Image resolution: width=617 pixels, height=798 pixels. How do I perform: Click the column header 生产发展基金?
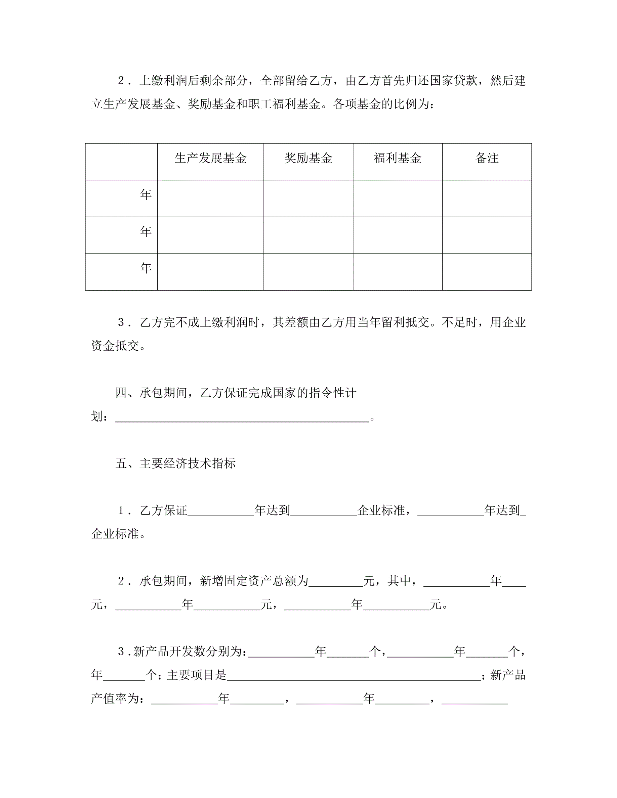(211, 158)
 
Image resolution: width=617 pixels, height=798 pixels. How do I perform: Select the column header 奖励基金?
(308, 158)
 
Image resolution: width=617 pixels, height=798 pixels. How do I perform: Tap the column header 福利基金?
(397, 158)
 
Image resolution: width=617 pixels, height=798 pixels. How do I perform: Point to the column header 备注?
(487, 158)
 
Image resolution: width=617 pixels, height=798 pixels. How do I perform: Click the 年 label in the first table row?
(146, 194)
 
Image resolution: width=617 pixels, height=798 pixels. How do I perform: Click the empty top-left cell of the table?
(121, 162)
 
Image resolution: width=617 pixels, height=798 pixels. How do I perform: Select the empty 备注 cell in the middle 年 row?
(487, 235)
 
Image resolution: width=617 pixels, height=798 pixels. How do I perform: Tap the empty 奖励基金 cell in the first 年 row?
(308, 198)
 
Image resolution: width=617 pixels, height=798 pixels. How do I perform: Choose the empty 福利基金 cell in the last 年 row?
(397, 272)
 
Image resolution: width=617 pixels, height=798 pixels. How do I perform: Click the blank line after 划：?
(242, 417)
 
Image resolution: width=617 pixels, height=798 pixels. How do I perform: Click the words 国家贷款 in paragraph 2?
(454, 80)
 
